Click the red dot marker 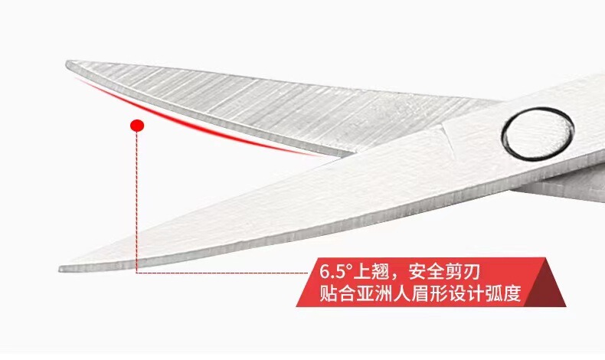coord(138,126)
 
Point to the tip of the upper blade coord(68,64)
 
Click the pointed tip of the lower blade coord(62,268)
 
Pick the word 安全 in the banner coord(430,272)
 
